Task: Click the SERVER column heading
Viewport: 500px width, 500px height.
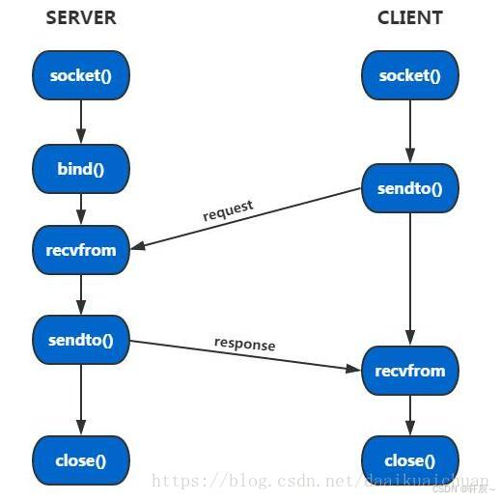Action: pyautogui.click(x=81, y=17)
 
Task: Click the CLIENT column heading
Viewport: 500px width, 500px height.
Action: pyautogui.click(x=409, y=17)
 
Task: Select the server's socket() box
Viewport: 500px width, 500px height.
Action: pyautogui.click(x=81, y=75)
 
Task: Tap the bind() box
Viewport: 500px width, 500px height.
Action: pyautogui.click(x=81, y=170)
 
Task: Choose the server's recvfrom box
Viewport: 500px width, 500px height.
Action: pyautogui.click(x=81, y=250)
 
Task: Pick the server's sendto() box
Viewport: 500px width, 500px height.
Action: pyautogui.click(x=81, y=340)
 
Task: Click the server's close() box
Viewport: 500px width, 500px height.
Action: pyautogui.click(x=81, y=459)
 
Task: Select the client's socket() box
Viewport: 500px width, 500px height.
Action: pyautogui.click(x=409, y=75)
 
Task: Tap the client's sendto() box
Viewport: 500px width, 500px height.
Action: pyautogui.click(x=409, y=188)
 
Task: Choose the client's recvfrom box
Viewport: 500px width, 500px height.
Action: pyautogui.click(x=409, y=371)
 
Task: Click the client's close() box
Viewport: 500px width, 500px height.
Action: pyautogui.click(x=409, y=459)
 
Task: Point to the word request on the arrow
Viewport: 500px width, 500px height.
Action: pyautogui.click(x=228, y=209)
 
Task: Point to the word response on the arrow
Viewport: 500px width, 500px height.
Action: pyautogui.click(x=244, y=345)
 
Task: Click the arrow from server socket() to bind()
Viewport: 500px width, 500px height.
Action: pyautogui.click(x=81, y=123)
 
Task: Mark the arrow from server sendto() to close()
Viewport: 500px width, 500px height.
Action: pyautogui.click(x=81, y=400)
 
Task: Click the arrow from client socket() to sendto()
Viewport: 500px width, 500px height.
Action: pyautogui.click(x=409, y=131)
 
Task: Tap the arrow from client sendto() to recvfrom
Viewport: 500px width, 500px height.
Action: pyautogui.click(x=409, y=280)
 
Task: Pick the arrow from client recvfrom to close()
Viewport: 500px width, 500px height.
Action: pyautogui.click(x=409, y=415)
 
